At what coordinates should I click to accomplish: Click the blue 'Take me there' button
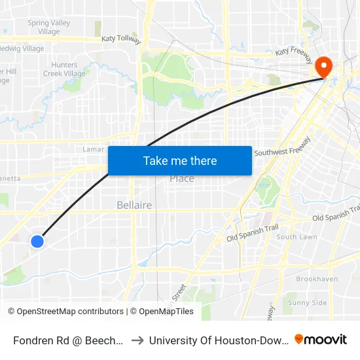coord(179,160)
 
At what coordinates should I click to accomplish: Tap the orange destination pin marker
coord(323,66)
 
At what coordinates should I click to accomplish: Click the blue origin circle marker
coord(37,242)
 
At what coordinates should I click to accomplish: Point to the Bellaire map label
coord(134,205)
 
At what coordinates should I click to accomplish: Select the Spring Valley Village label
coord(49,27)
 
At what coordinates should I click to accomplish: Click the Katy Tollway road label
coord(121,39)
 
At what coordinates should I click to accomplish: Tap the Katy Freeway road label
coord(295,50)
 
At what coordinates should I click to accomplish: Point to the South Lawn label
coord(297,237)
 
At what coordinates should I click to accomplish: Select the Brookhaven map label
coord(317,279)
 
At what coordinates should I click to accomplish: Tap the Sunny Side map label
coord(308,302)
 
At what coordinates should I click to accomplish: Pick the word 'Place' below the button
coord(182,179)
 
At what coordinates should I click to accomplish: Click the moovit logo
coord(321,339)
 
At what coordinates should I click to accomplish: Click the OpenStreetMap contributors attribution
coord(65,312)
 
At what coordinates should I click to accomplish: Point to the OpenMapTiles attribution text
coord(162,312)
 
